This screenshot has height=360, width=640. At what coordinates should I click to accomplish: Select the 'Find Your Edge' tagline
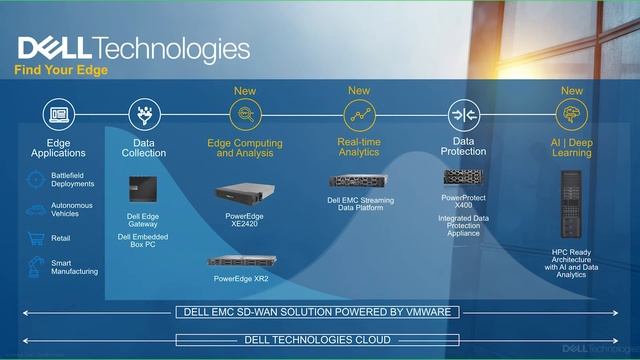click(61, 71)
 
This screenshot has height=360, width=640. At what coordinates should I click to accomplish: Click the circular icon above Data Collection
click(144, 114)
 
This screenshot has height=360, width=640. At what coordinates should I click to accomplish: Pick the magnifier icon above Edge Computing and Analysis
click(245, 114)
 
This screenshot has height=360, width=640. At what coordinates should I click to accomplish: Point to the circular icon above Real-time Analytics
click(358, 114)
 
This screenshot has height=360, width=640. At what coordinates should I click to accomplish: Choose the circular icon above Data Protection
click(464, 114)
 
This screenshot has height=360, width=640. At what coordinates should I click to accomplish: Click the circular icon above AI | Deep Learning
click(571, 114)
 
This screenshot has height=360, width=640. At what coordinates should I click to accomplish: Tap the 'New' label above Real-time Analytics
click(358, 91)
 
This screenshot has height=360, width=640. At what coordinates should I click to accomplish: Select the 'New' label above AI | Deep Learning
click(571, 91)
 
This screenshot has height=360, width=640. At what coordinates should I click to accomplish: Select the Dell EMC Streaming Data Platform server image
click(360, 182)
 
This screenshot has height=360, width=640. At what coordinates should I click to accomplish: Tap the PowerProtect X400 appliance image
click(464, 177)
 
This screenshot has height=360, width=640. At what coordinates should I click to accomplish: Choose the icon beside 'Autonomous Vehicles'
click(34, 210)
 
